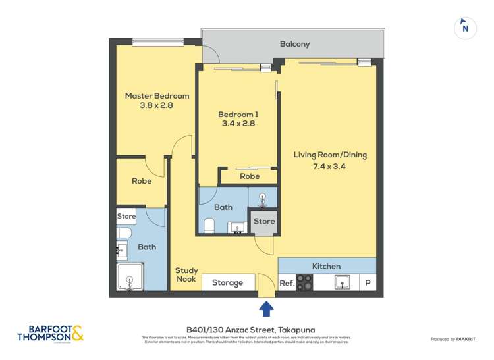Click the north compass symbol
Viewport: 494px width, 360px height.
point(466,28)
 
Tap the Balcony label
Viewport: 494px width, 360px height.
point(294,44)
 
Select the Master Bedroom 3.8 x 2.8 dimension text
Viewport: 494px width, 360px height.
point(157,105)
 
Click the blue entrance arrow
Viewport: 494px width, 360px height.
point(266,308)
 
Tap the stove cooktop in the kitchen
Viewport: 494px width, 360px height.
point(304,282)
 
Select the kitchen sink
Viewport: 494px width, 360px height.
point(342,282)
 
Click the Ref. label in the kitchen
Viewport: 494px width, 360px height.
point(287,283)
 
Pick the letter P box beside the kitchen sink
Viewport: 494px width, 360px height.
point(368,283)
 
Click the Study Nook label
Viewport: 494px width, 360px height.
point(186,274)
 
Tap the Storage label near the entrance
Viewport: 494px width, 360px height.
point(227,283)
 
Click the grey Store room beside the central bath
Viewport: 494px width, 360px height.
point(264,222)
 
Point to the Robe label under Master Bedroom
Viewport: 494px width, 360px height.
point(142,181)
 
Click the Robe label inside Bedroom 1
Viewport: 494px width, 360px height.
point(249,176)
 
